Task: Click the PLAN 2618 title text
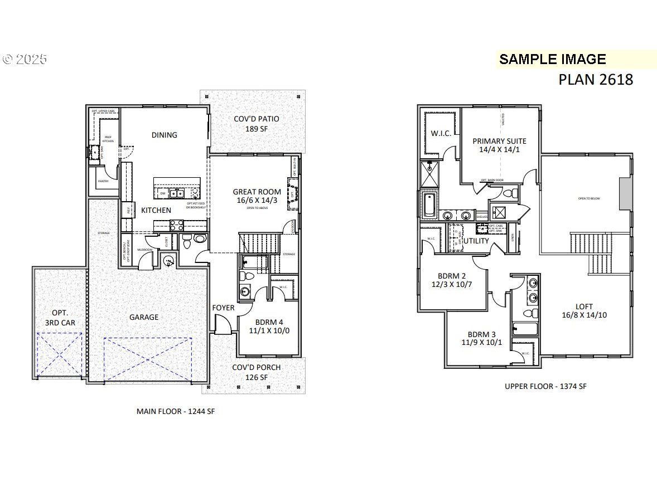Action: coord(596,80)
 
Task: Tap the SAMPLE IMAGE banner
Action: coord(552,59)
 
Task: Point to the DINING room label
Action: coord(164,135)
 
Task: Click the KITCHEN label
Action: coord(156,210)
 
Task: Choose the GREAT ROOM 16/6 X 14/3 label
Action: coord(257,196)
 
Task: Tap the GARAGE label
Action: coord(144,317)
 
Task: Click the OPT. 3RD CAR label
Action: coord(60,318)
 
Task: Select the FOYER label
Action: coord(223,308)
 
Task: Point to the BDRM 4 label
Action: coord(269,326)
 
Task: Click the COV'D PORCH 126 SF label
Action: coord(257,372)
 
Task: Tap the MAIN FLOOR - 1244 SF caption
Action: coord(176,411)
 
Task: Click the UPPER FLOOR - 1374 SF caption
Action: coord(545,386)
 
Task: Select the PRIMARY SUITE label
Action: coord(499,145)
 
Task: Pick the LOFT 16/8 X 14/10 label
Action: coord(584,310)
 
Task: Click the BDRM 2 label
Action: coord(451,280)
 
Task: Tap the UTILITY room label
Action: coord(476,241)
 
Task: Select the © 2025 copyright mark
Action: coord(25,59)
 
